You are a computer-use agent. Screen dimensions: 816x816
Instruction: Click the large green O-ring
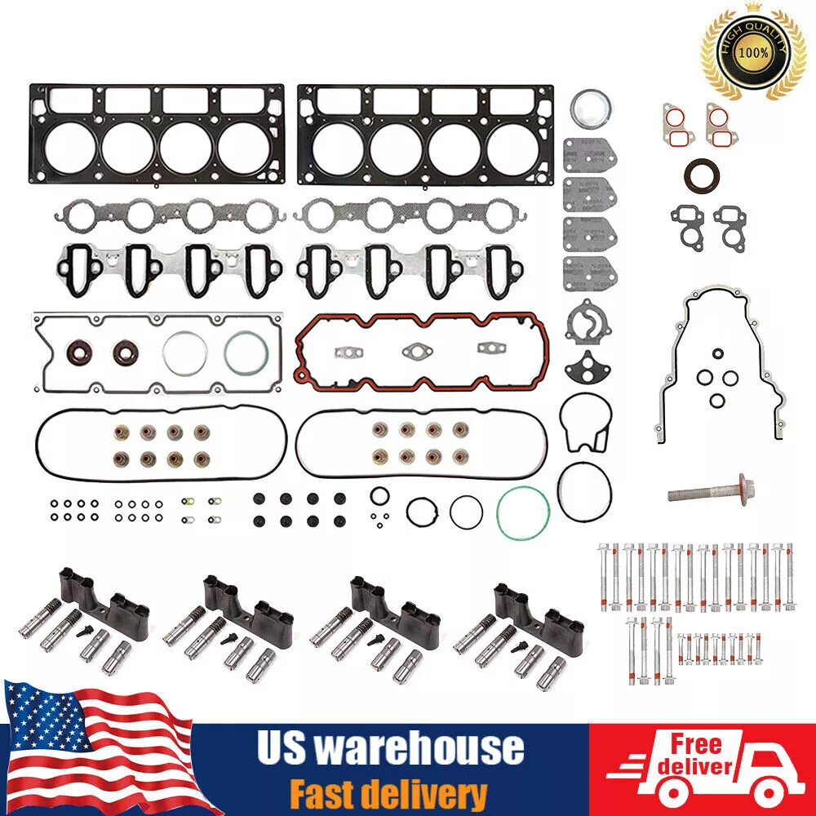[x=522, y=512]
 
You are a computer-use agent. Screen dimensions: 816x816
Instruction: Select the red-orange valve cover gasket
[x=421, y=351]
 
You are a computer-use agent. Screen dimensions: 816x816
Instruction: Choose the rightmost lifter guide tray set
[x=521, y=624]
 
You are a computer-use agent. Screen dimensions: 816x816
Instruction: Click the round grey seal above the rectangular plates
[x=588, y=109]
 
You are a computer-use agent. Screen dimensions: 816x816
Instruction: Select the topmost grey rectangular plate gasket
[x=589, y=155]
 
